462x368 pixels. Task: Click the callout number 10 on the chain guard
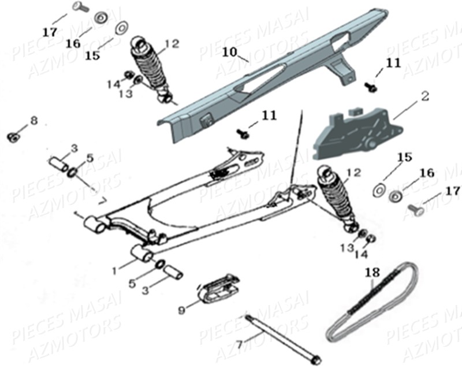point(229,52)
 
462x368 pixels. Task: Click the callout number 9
point(182,310)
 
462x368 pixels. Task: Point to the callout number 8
point(33,121)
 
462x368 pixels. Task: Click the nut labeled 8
point(12,137)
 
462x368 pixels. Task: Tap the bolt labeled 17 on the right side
point(415,209)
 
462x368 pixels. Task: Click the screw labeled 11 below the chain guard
point(243,133)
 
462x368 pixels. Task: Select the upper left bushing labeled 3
point(58,161)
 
